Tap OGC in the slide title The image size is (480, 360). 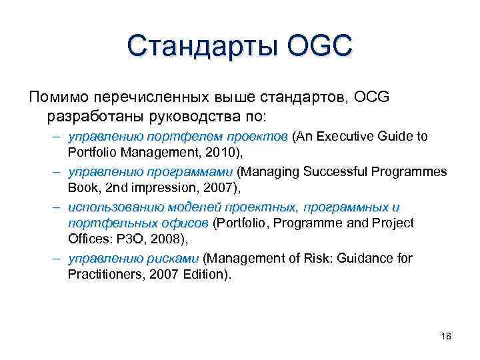tap(312, 48)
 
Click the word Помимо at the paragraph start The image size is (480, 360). tap(61, 97)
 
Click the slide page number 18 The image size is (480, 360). tap(445, 336)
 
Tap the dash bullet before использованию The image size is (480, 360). tap(57, 207)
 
